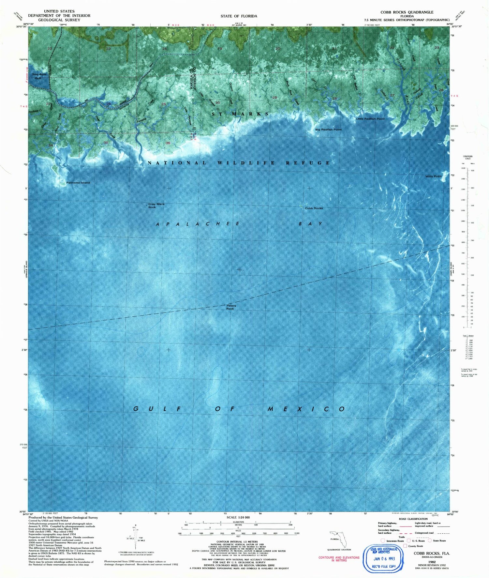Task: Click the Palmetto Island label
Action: click(x=78, y=183)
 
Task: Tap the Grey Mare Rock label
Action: click(x=156, y=205)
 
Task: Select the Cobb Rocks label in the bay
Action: click(x=314, y=208)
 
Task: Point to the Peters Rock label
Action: click(x=231, y=307)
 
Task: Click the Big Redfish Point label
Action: click(x=328, y=129)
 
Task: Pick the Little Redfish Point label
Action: click(x=370, y=119)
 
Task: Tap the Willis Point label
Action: click(x=433, y=176)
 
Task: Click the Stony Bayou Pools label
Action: click(x=39, y=76)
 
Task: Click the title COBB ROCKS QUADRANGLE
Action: click(x=407, y=12)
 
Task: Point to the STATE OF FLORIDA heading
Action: click(x=239, y=16)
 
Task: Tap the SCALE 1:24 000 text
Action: click(x=238, y=518)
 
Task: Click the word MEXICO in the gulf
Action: click(x=306, y=409)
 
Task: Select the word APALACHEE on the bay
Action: click(x=198, y=224)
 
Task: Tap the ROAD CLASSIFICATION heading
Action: click(x=413, y=519)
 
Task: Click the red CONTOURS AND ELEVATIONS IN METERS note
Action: click(x=339, y=559)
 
